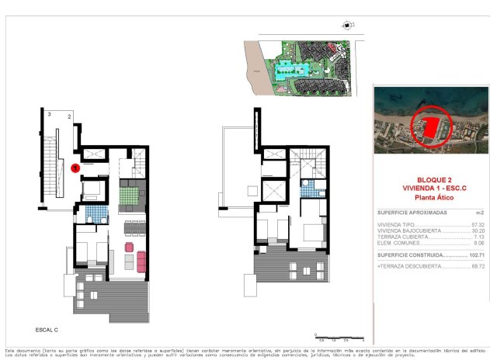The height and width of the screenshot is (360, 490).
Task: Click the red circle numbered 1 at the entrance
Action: [x=75, y=167]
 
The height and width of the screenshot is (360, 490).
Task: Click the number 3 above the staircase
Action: [x=49, y=114]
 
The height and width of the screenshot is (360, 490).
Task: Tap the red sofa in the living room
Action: [x=141, y=261]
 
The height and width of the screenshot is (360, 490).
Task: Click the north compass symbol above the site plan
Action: [x=344, y=25]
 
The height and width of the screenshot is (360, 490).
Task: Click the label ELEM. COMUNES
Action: [x=400, y=244]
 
